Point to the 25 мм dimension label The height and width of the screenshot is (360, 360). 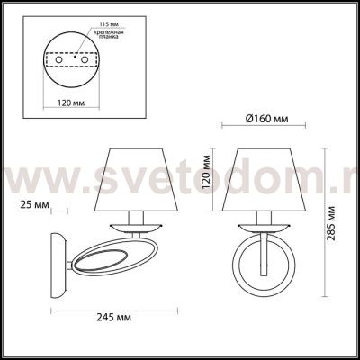tap(35, 205)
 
